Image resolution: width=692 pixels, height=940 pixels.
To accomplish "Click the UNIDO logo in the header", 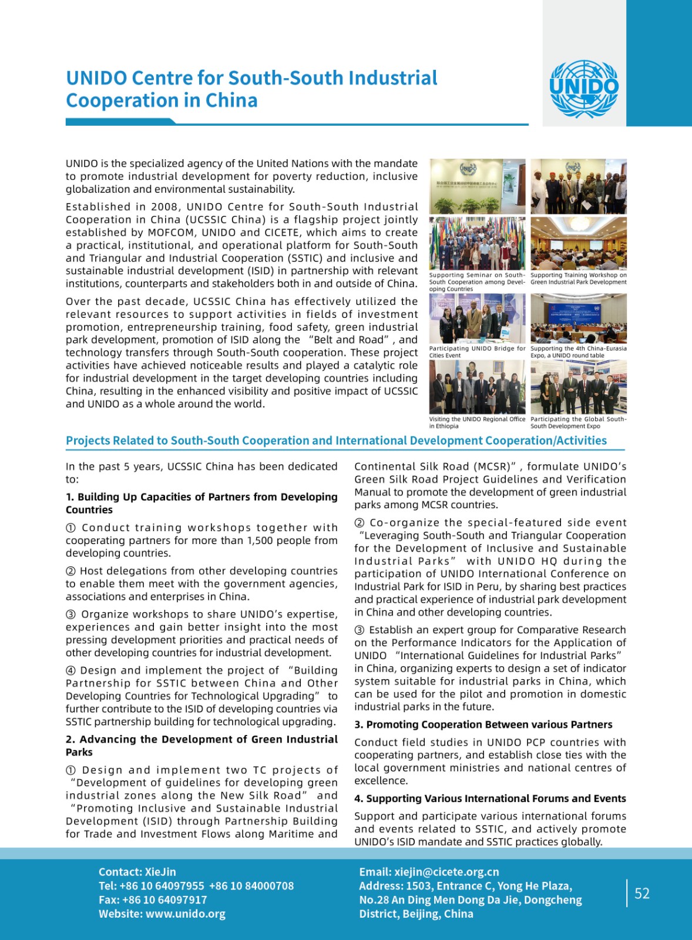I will coord(584,89).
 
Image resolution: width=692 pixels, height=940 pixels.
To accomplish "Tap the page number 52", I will coord(642,894).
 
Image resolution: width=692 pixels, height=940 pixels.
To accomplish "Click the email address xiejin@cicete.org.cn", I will coord(446,872).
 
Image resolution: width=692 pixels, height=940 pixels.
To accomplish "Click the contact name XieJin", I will coord(160,872).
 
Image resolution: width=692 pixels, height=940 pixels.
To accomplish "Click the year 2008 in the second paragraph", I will coord(165,207).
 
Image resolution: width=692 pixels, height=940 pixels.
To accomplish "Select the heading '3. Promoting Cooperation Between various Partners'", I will coord(483,724).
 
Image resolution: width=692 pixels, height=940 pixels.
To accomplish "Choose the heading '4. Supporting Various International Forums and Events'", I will coord(490,798).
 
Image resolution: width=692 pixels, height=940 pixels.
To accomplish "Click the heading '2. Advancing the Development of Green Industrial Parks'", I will coord(201,746).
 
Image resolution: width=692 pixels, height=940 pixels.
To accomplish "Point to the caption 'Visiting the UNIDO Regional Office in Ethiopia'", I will coord(477,422).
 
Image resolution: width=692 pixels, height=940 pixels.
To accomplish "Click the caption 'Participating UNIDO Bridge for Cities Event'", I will coord(477,352).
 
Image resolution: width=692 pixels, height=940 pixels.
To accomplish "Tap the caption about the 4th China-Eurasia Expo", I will coord(578,352).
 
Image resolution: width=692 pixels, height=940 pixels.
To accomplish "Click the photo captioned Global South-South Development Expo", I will coord(578,387).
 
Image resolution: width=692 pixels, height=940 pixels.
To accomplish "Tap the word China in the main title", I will coord(231,100).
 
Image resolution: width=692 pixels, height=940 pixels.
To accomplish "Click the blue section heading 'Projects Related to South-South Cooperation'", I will coord(336,441).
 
